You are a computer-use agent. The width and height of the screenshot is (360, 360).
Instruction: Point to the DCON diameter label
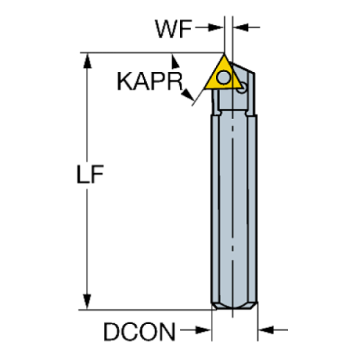(x=140, y=333)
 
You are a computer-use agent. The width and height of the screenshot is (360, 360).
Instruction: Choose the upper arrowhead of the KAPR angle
(x=174, y=61)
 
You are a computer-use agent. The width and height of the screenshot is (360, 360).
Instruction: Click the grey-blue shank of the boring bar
(x=234, y=206)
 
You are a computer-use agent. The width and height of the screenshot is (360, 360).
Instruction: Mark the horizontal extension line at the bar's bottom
(x=147, y=309)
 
